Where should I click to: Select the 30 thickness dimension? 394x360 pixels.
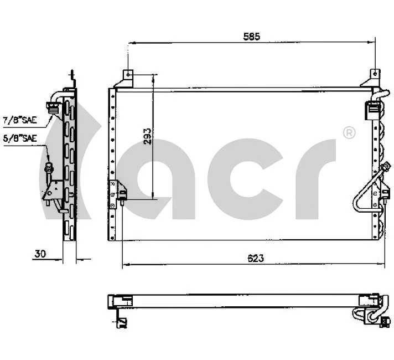(x=40, y=254)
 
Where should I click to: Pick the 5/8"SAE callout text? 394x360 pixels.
(x=19, y=138)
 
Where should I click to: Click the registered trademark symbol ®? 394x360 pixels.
(x=349, y=132)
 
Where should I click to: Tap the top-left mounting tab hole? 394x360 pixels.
(x=127, y=73)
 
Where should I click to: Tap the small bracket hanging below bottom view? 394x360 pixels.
(x=120, y=320)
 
